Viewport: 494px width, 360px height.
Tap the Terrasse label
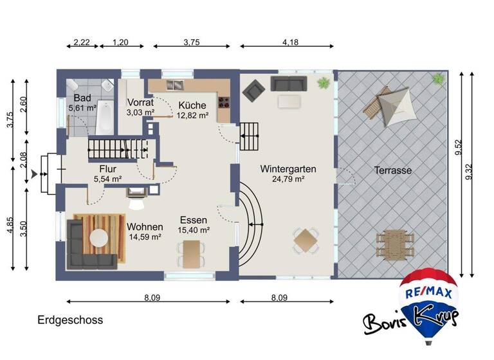pos(392,171)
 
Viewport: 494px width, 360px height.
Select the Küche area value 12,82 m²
pos(192,116)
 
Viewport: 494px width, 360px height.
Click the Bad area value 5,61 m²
pos(82,109)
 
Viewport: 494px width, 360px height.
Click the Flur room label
pos(107,168)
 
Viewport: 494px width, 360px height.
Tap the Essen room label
pos(193,219)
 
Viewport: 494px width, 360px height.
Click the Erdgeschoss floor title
pos(70,319)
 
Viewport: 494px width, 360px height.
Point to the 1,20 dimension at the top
pos(120,42)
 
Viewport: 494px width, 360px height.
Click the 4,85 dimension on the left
pos(10,229)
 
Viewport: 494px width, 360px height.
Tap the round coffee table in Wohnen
pos(98,239)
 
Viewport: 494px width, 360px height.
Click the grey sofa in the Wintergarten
pos(289,83)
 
